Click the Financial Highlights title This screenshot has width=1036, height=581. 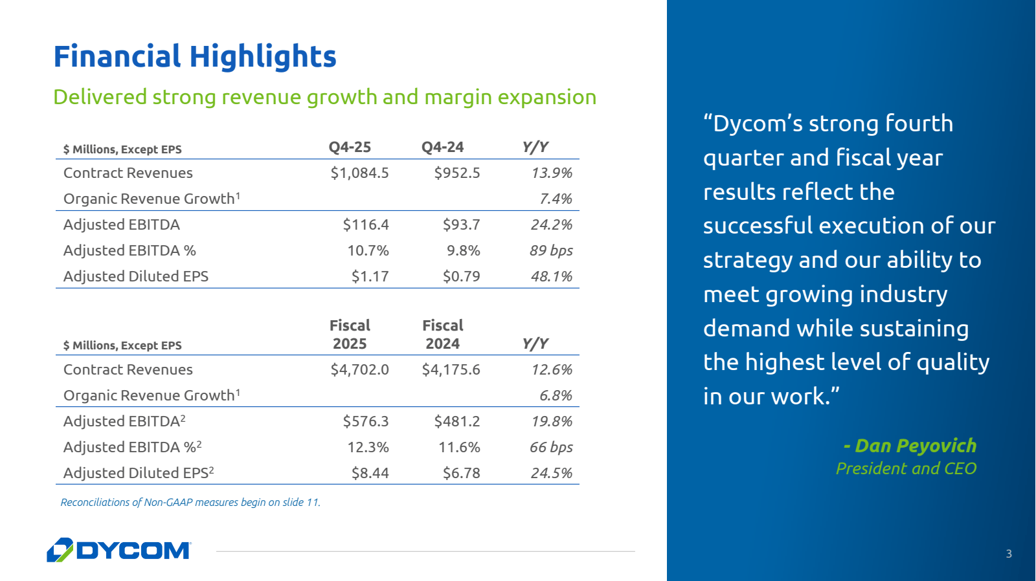click(x=195, y=57)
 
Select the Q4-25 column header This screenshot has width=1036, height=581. click(x=350, y=147)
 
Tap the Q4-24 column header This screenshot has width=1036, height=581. click(x=442, y=147)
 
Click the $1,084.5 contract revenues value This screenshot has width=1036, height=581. click(x=359, y=173)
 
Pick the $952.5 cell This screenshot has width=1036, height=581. click(x=457, y=173)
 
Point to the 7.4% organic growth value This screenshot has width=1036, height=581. click(x=556, y=199)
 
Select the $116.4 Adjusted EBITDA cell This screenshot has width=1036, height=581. click(x=366, y=225)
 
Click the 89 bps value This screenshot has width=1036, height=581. click(x=551, y=250)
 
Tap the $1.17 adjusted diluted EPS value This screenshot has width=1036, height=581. click(x=370, y=276)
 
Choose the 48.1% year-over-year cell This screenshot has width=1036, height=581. click(x=552, y=276)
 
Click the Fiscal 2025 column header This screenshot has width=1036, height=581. click(x=350, y=334)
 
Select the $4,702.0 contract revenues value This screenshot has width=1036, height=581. click(x=359, y=370)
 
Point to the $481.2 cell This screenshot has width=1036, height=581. click(x=457, y=422)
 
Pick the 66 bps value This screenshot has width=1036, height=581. click(x=551, y=448)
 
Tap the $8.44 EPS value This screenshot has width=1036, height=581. click(x=370, y=474)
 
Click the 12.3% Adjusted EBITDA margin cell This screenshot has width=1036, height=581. click(x=368, y=448)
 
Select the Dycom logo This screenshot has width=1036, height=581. click(x=119, y=550)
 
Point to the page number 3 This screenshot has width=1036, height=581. click(x=1009, y=554)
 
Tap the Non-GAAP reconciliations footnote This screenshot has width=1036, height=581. click(x=190, y=503)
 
